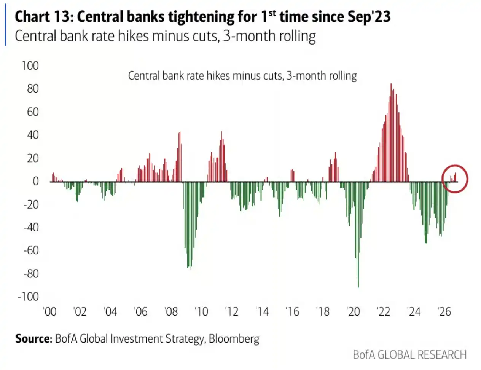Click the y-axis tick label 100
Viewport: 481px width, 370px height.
click(x=30, y=66)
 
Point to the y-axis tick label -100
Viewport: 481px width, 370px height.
click(x=28, y=297)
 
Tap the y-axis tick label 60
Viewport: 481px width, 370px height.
click(x=33, y=112)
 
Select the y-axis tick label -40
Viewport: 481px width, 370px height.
click(x=31, y=227)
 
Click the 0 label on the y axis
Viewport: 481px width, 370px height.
click(x=36, y=181)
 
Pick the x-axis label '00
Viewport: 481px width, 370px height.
click(x=49, y=312)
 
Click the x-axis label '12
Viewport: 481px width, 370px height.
click(x=231, y=312)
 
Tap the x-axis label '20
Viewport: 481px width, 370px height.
click(x=353, y=312)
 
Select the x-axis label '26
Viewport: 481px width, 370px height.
click(x=444, y=312)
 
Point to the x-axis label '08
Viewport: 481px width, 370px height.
click(x=171, y=312)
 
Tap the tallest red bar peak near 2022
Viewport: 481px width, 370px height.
click(x=391, y=84)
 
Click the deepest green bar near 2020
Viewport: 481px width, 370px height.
click(x=358, y=287)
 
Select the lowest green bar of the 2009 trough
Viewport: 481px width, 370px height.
click(x=190, y=269)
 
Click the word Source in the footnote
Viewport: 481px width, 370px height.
click(x=33, y=338)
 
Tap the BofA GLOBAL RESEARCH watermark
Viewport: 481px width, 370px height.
click(x=410, y=355)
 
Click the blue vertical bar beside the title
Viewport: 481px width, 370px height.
click(x=5, y=24)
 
